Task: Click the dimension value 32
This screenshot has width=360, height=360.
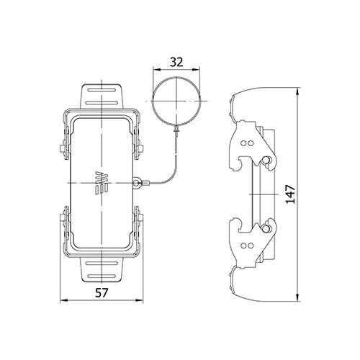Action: point(176,62)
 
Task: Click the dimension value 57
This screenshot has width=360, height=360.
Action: point(102,293)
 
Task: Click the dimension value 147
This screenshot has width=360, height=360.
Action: point(290,194)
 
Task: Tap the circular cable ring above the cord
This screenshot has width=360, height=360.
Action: point(153,101)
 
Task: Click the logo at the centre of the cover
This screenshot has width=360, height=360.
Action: point(102,183)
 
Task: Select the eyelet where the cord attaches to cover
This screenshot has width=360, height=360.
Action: point(136,183)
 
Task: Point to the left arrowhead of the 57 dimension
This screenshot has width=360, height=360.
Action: point(63,300)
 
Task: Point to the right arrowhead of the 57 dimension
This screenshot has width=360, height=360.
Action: point(140,300)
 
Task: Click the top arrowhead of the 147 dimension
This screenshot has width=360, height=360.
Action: point(297,91)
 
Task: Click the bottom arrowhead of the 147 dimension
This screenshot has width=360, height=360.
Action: point(297,297)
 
